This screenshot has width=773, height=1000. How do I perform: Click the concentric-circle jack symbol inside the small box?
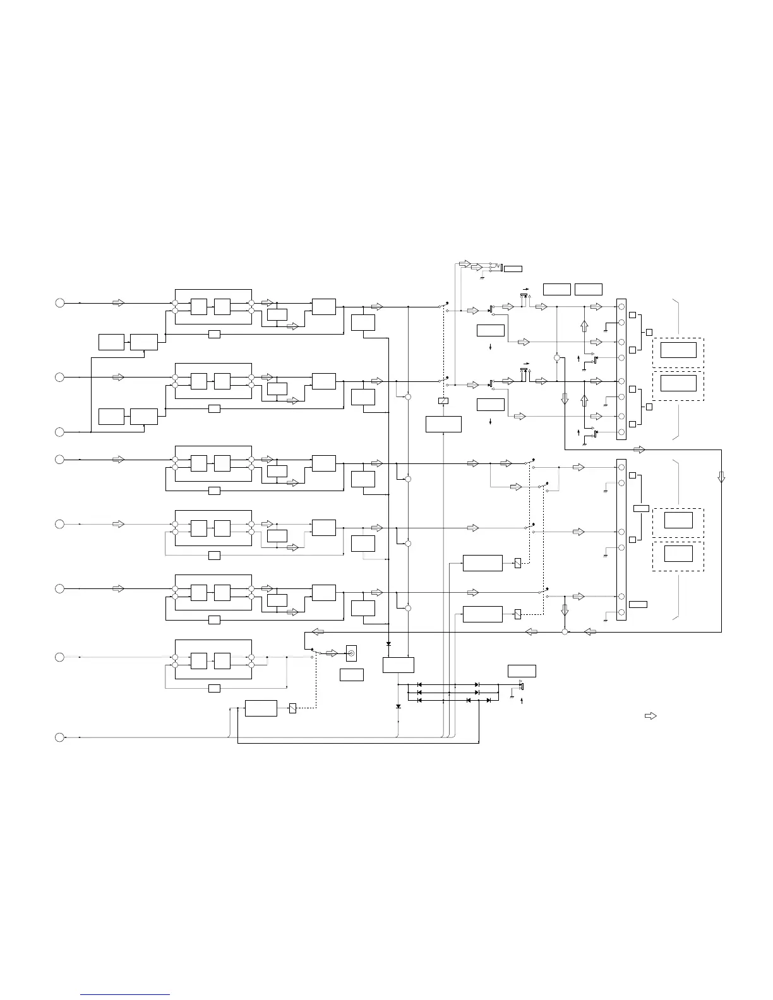[351, 653]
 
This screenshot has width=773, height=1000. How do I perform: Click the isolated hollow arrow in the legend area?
[650, 716]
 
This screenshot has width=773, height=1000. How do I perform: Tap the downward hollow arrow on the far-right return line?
[721, 477]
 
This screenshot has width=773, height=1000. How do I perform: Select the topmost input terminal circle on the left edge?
[59, 303]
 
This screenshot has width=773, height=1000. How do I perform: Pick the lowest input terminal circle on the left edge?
[59, 737]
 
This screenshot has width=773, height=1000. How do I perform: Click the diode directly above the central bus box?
[388, 644]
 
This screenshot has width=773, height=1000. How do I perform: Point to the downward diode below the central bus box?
[398, 706]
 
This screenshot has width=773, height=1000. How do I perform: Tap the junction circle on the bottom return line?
[565, 632]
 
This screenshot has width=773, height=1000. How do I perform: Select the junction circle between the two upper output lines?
[556, 357]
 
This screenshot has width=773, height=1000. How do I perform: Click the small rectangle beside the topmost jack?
[513, 269]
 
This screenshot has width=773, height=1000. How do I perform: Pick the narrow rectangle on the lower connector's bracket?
[640, 508]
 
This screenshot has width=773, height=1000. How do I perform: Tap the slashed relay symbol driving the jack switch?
[292, 708]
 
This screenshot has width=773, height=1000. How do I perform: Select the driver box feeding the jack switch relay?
[261, 708]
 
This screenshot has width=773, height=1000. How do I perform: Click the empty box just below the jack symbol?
[351, 674]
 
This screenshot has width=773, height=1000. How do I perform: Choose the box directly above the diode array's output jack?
[522, 670]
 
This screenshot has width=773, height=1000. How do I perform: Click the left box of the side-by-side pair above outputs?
[556, 289]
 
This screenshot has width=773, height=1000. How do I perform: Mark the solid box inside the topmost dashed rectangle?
[678, 350]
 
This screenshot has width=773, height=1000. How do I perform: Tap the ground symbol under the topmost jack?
[482, 277]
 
